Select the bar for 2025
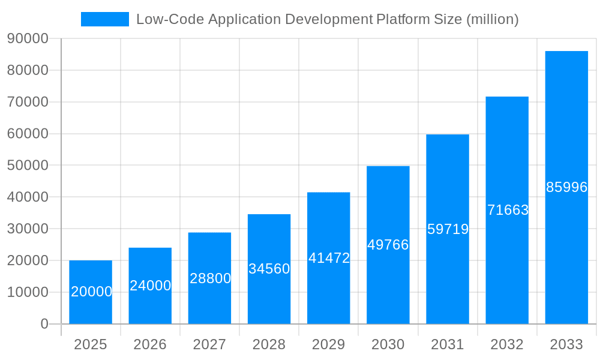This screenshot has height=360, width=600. pos(91,292)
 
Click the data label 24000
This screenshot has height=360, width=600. pos(151,286)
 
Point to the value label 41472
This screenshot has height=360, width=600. pos(329,258)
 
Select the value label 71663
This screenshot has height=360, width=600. pos(508,210)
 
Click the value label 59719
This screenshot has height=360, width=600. pos(448,229)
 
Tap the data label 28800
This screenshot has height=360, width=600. pos(210,278)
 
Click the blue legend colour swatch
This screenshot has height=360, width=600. pos(105,19)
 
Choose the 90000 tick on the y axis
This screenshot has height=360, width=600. pos(28,38)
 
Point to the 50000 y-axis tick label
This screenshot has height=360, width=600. pos(28,165)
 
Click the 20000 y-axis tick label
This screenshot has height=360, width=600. pos(28,260)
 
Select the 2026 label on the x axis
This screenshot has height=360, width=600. pos(150,344)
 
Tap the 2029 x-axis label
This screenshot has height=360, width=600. pos(329,344)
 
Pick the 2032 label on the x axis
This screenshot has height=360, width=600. pos(507,344)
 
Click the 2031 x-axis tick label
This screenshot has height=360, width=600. pos(448,344)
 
